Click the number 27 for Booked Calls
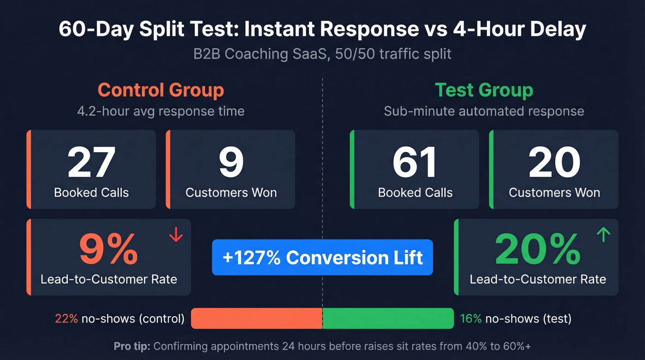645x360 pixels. tap(91, 162)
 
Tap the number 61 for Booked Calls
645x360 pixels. tap(415, 162)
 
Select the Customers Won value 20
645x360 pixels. tap(554, 162)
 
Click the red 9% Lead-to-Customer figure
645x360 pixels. tap(109, 249)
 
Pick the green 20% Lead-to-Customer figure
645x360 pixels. tap(538, 249)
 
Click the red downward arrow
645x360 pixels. tap(176, 235)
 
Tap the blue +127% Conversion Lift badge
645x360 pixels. tap(322, 257)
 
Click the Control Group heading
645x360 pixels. tap(161, 90)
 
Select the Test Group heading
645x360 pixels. tap(484, 90)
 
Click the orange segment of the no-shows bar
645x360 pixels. tap(257, 319)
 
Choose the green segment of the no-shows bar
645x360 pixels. tap(388, 319)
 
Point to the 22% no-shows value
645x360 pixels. tap(66, 319)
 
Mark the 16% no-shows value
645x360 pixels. tap(471, 319)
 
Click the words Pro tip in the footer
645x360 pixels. tap(131, 346)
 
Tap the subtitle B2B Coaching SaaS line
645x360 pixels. tap(322, 54)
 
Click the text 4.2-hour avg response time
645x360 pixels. tap(161, 111)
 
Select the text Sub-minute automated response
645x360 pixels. tap(484, 111)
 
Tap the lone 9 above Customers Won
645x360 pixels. tap(231, 162)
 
